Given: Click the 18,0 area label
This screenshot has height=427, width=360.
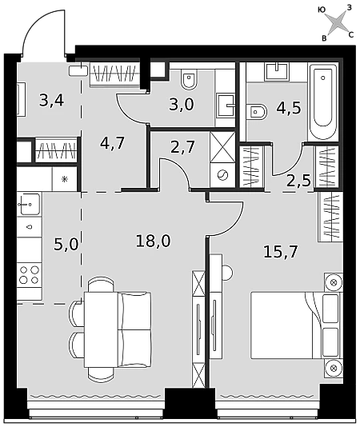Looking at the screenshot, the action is [x=153, y=241].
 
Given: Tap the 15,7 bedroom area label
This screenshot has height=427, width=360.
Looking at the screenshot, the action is [x=281, y=251].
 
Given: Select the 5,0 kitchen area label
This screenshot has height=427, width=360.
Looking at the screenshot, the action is [x=66, y=244].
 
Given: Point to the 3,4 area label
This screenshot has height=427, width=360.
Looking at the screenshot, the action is [x=51, y=100].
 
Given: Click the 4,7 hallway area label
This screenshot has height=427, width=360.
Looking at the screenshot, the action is [x=112, y=142].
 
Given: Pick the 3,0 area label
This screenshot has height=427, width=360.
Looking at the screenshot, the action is [x=182, y=104].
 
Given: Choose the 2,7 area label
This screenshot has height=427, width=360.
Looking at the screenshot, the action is [x=182, y=147].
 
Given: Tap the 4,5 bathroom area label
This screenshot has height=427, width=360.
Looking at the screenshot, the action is [x=289, y=108].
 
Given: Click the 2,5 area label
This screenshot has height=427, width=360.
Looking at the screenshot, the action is [x=298, y=180].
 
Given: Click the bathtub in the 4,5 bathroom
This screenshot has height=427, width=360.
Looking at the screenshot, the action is [x=323, y=101].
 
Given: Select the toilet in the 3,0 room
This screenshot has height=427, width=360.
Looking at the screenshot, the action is [x=189, y=79].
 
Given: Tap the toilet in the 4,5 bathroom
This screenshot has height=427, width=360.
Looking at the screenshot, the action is [x=257, y=112].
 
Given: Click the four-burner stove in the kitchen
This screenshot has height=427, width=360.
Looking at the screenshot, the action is [x=30, y=275].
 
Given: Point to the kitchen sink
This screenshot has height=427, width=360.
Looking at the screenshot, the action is [x=29, y=204].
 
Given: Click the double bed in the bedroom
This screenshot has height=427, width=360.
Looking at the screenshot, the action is [x=296, y=325].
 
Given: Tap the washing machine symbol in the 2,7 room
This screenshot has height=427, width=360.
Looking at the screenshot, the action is [x=222, y=175].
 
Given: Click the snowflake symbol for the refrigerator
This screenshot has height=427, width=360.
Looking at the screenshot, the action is [x=65, y=179].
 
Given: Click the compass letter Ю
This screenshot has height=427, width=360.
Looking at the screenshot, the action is [x=322, y=10].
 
